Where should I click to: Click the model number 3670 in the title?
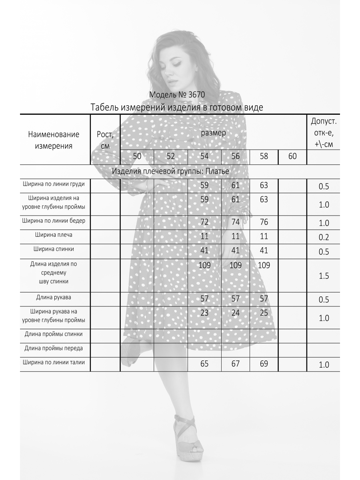(x=196, y=95)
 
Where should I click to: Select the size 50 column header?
(x=137, y=156)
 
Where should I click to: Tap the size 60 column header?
(x=292, y=156)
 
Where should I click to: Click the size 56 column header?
(x=235, y=156)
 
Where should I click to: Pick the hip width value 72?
(x=204, y=222)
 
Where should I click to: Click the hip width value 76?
(x=264, y=222)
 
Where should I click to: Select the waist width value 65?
(x=204, y=364)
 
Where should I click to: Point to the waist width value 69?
(x=264, y=364)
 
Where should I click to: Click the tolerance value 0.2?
(x=324, y=237)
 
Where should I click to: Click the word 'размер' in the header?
(x=213, y=132)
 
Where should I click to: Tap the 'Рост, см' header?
(x=105, y=140)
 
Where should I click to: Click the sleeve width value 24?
(x=235, y=313)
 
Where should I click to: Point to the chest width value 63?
(x=264, y=185)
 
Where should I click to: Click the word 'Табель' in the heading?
(x=106, y=108)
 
